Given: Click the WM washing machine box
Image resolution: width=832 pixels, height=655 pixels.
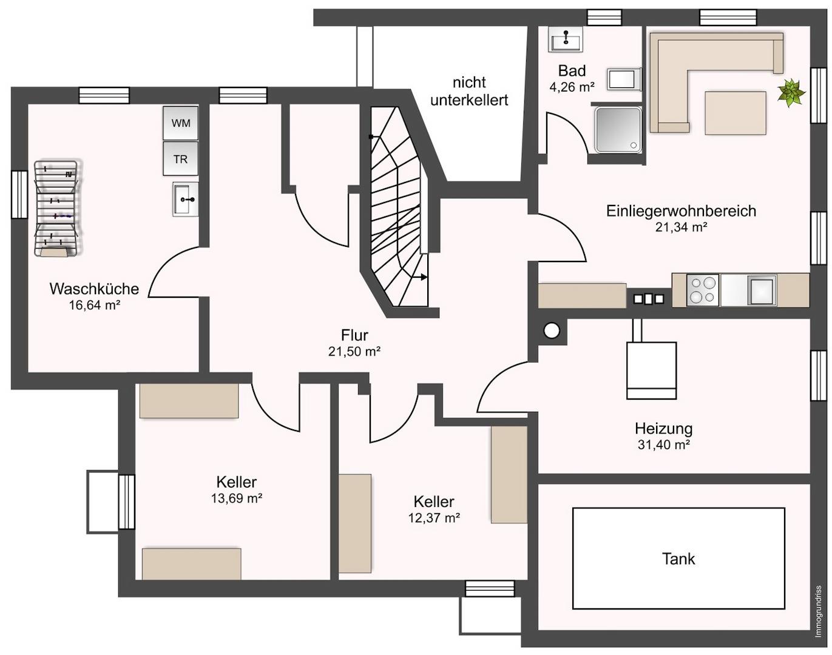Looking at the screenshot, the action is [x=181, y=123].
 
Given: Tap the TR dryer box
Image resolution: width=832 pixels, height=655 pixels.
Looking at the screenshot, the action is [x=181, y=158].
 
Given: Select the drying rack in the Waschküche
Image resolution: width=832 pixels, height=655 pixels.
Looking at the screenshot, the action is [x=58, y=208].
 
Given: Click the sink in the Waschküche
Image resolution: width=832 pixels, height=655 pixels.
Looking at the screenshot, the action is [x=186, y=199].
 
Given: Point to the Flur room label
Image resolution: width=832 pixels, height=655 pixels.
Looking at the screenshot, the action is [x=354, y=335].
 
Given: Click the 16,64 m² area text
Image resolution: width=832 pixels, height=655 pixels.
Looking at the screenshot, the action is [x=95, y=305].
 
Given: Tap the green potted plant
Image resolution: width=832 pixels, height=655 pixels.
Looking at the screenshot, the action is [x=791, y=93].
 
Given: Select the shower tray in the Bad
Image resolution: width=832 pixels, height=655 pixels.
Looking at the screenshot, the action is [x=618, y=130].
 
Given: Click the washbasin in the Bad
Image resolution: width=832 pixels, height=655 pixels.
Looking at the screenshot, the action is [x=565, y=39].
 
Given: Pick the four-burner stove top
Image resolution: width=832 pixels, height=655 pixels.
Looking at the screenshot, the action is [x=703, y=291].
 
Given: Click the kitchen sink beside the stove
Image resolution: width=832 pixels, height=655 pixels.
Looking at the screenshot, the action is [x=762, y=291].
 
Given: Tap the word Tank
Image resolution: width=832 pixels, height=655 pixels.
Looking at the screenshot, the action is [x=678, y=559].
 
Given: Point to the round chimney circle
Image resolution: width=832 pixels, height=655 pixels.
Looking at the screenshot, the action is [x=551, y=331].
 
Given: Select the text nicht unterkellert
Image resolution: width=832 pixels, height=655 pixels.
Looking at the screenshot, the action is [x=469, y=91].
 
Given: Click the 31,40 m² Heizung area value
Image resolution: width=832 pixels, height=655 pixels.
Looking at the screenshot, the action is [x=664, y=445].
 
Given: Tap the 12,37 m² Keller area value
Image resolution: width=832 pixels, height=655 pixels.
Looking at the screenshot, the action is [x=434, y=517].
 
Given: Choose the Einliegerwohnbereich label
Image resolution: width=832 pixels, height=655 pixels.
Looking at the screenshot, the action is [x=681, y=211].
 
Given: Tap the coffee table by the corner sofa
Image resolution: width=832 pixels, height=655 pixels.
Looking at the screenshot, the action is [x=736, y=113].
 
